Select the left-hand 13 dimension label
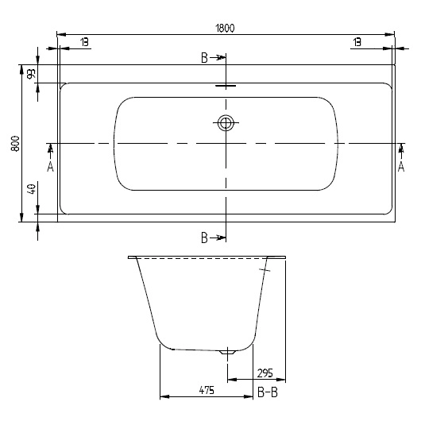click(x=84, y=41)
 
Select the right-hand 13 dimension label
click(x=357, y=41)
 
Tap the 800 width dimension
click(x=14, y=143)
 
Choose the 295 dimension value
click(x=265, y=373)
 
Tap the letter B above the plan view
click(x=204, y=58)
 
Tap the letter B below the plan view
click(x=204, y=238)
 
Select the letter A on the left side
click(x=51, y=166)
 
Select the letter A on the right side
click(x=401, y=166)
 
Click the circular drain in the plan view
click(x=226, y=122)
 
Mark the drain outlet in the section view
click(x=230, y=351)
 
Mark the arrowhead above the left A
click(x=51, y=149)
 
